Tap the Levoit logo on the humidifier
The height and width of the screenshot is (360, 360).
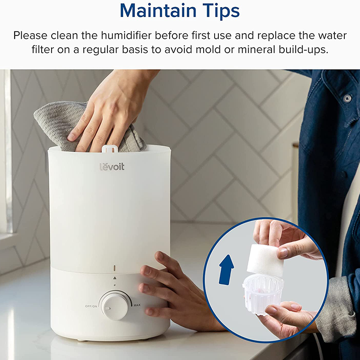[112, 166]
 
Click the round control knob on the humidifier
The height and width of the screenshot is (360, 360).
[114, 305]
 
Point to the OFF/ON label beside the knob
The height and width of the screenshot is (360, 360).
[91, 306]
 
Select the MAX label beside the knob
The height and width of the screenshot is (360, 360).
[137, 304]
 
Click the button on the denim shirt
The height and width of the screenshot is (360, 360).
[347, 99]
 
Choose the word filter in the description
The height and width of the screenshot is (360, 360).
[45, 49]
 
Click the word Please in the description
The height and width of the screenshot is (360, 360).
[31, 36]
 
